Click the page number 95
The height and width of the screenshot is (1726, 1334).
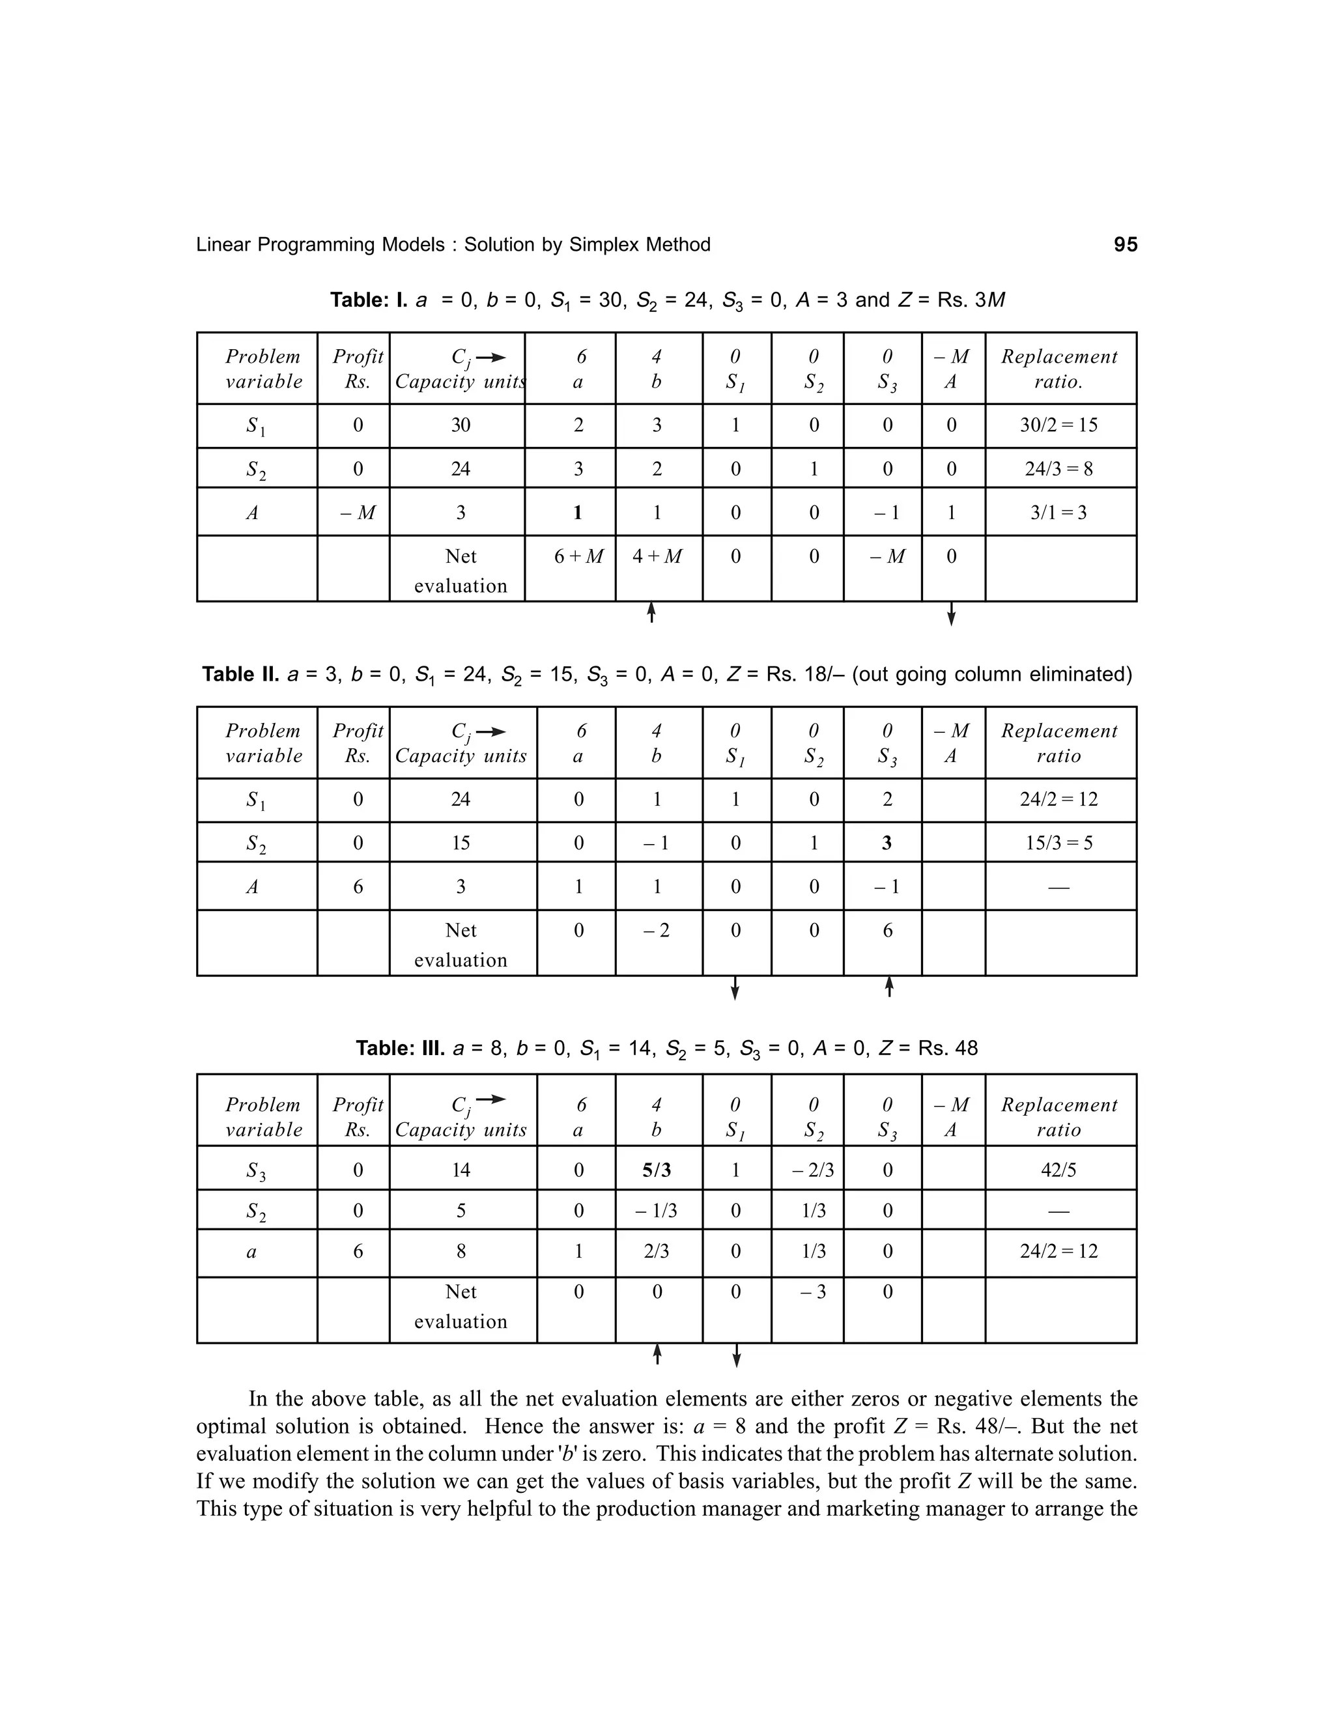1126,245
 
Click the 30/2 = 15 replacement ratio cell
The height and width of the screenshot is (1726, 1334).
1058,425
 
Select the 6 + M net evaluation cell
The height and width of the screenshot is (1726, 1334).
578,556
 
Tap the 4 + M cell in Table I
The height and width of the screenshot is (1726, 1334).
657,556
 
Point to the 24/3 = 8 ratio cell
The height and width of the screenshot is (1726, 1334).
1058,470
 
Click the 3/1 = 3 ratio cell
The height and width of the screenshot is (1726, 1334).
1058,513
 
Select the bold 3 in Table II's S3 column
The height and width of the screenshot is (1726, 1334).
887,843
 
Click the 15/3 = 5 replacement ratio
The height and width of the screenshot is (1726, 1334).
1058,843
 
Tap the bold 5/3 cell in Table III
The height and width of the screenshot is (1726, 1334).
657,1170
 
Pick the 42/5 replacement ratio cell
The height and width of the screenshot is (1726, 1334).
1058,1170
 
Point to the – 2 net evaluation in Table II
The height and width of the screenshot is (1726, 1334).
657,931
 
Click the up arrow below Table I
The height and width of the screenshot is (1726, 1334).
651,612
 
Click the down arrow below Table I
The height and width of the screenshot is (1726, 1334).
951,614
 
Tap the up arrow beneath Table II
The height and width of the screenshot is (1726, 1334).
889,987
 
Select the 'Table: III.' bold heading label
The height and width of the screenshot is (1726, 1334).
401,1049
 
